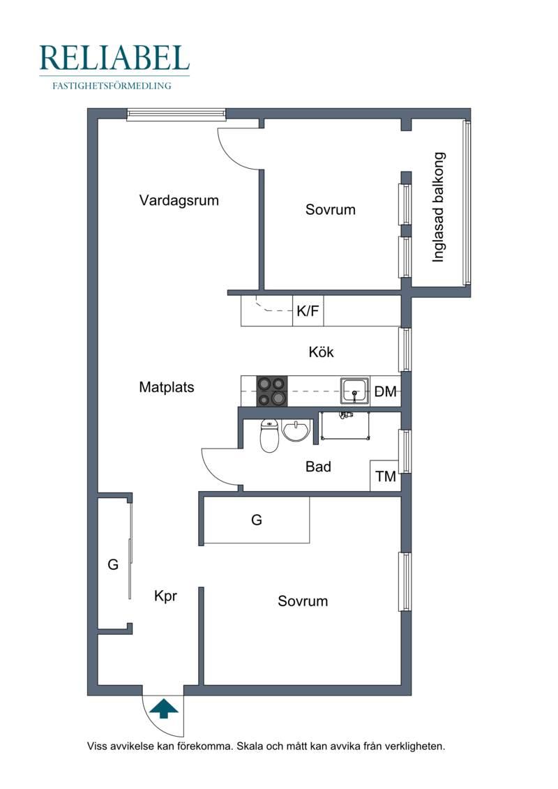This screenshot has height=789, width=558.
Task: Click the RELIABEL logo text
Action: pos(114,58)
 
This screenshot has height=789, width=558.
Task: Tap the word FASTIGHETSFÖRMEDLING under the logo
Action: pos(112,86)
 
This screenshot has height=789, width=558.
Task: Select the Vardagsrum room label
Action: pos(179,200)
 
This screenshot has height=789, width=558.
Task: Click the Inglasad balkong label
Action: pos(439,206)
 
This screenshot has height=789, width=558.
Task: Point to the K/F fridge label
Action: pos(308,311)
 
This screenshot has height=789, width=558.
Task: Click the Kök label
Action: pos(321,352)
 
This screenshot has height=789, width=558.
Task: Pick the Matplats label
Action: pos(167,387)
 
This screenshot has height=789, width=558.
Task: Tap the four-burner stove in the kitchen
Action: pos(272,391)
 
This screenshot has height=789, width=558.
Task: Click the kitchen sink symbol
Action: pos(355,391)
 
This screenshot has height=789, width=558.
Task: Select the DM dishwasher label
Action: pos(386,391)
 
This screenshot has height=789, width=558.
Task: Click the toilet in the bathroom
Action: pos(270,436)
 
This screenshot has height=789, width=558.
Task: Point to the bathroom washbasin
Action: pos(296,430)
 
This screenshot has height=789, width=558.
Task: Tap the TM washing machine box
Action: pos(386,476)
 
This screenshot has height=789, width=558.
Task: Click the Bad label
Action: pos(319,467)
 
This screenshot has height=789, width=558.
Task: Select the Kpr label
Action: pos(165,596)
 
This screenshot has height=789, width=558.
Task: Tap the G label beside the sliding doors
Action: pos(113,564)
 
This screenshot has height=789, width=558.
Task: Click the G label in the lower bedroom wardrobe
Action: pos(257,520)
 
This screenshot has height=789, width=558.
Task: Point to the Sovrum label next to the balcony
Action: pos(331,209)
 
